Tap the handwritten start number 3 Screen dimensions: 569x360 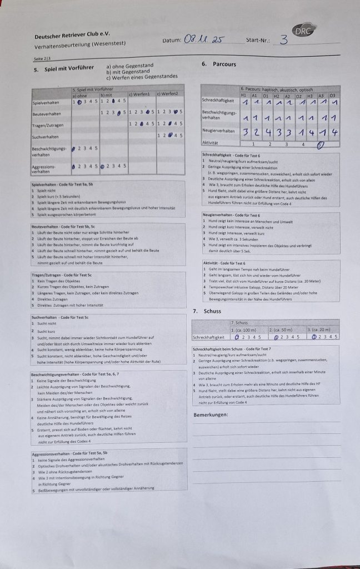click(284, 39)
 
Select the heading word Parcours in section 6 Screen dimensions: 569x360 click(224, 64)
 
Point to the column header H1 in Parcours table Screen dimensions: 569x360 click(245, 95)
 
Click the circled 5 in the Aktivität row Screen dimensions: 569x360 click(321, 146)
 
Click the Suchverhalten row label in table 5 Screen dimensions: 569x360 click(45, 135)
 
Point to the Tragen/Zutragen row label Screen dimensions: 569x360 click(46, 124)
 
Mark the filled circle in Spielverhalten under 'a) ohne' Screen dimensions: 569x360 click(81, 102)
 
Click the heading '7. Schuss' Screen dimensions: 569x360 click(204, 311)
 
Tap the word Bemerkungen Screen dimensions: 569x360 click(211, 415)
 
